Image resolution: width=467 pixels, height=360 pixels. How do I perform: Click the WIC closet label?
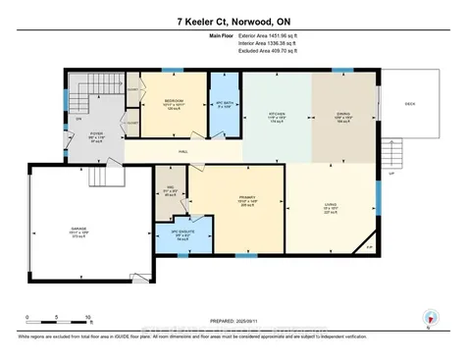170,189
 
